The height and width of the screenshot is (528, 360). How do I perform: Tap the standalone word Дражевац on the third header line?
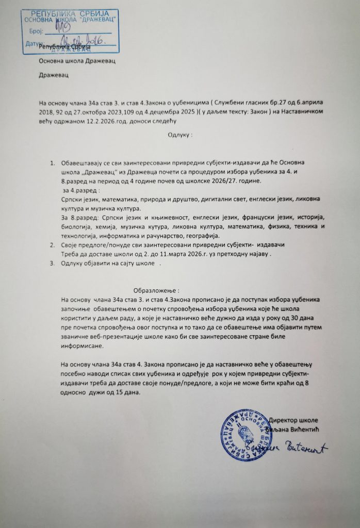(54, 75)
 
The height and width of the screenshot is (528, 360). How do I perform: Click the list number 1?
(52, 163)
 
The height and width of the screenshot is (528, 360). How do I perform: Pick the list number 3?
(52, 263)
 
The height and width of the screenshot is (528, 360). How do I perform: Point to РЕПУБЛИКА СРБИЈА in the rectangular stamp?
(69, 12)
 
